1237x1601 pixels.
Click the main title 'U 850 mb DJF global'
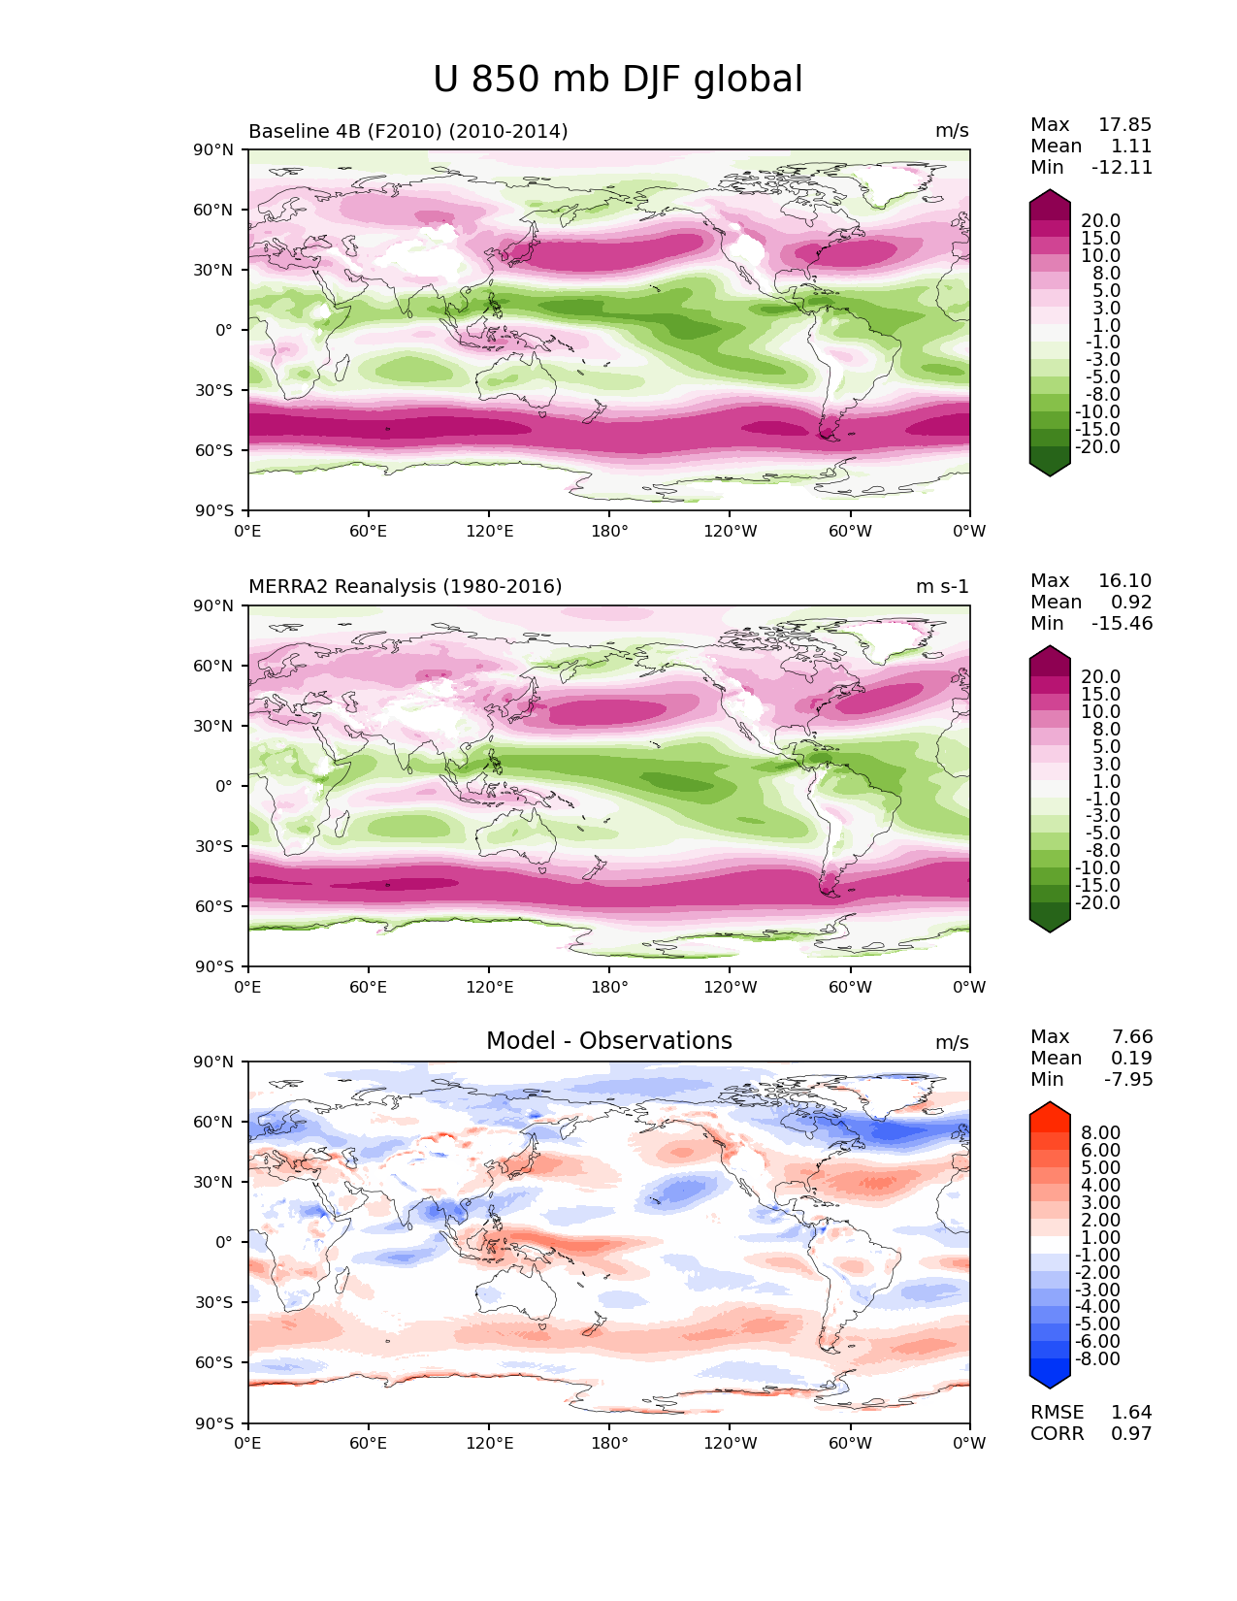tap(618, 80)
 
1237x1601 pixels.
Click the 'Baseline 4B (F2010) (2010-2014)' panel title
tap(407, 131)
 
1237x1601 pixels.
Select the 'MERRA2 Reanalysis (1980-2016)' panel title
tap(405, 587)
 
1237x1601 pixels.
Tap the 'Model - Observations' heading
tap(608, 1041)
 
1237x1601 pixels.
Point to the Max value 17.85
tap(1124, 125)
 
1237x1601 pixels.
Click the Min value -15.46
tap(1122, 624)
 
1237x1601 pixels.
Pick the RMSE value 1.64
tap(1131, 1413)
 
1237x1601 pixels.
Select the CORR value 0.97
tap(1131, 1434)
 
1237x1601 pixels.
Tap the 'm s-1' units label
tap(942, 587)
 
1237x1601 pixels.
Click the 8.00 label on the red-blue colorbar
tap(1100, 1133)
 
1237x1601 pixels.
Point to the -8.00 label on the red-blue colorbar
tap(1097, 1359)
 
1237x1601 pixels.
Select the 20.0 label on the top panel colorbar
tap(1100, 221)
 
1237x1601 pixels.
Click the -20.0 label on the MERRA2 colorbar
tap(1097, 903)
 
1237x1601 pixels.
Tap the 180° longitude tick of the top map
tap(609, 532)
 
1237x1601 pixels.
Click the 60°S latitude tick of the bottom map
tap(217, 1363)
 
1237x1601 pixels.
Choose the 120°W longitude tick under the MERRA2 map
tap(731, 988)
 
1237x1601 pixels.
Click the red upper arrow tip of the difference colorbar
tap(1050, 1106)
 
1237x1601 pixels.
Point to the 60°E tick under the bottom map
tap(369, 1444)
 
